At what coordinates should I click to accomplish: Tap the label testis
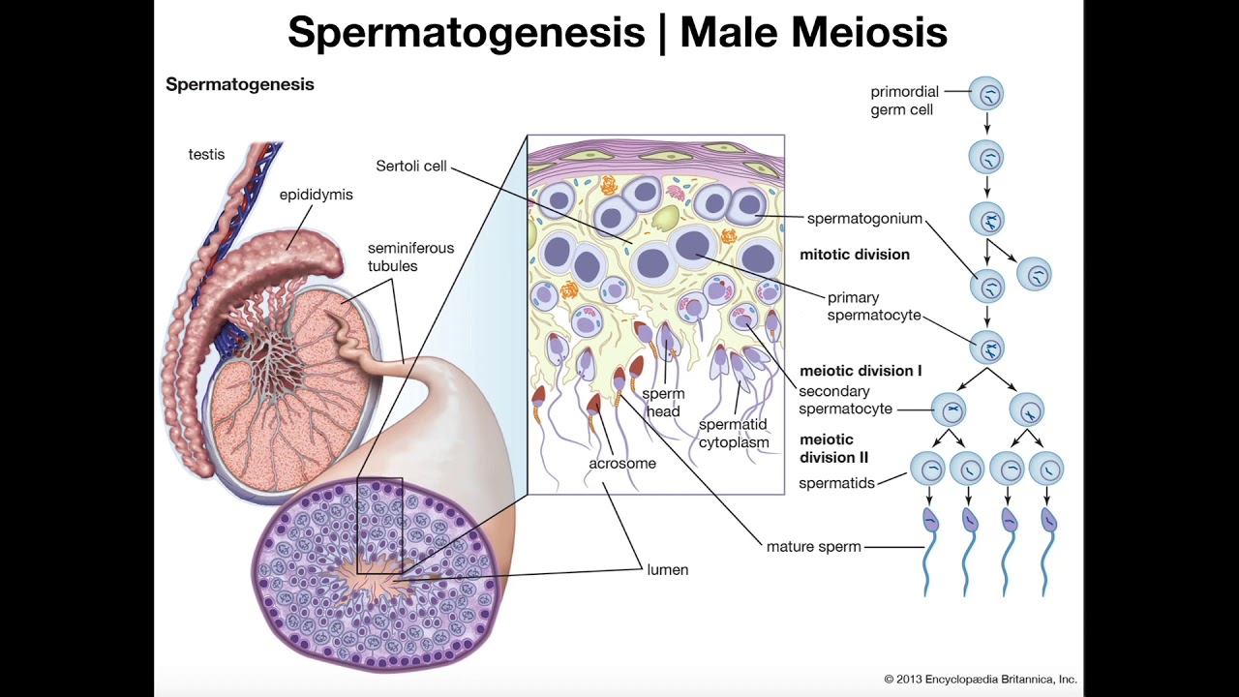[206, 154]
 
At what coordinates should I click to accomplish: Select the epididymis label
[316, 195]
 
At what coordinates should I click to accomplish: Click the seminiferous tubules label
[410, 257]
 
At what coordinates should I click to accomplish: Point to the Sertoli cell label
[411, 166]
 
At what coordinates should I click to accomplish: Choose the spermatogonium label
[864, 219]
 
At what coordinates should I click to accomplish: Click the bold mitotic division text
[855, 255]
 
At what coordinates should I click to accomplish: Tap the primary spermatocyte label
[873, 307]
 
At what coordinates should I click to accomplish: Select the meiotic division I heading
[861, 371]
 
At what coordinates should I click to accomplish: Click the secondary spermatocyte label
[845, 400]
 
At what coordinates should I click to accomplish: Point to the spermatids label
[836, 482]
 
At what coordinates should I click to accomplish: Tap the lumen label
[668, 569]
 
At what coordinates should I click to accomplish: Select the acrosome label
[622, 463]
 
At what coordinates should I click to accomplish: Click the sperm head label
[663, 402]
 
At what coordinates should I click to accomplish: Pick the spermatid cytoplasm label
[734, 434]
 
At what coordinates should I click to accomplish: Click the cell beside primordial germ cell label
[987, 94]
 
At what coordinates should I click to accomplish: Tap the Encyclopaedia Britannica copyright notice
[980, 679]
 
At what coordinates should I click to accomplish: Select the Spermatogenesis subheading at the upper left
[240, 84]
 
